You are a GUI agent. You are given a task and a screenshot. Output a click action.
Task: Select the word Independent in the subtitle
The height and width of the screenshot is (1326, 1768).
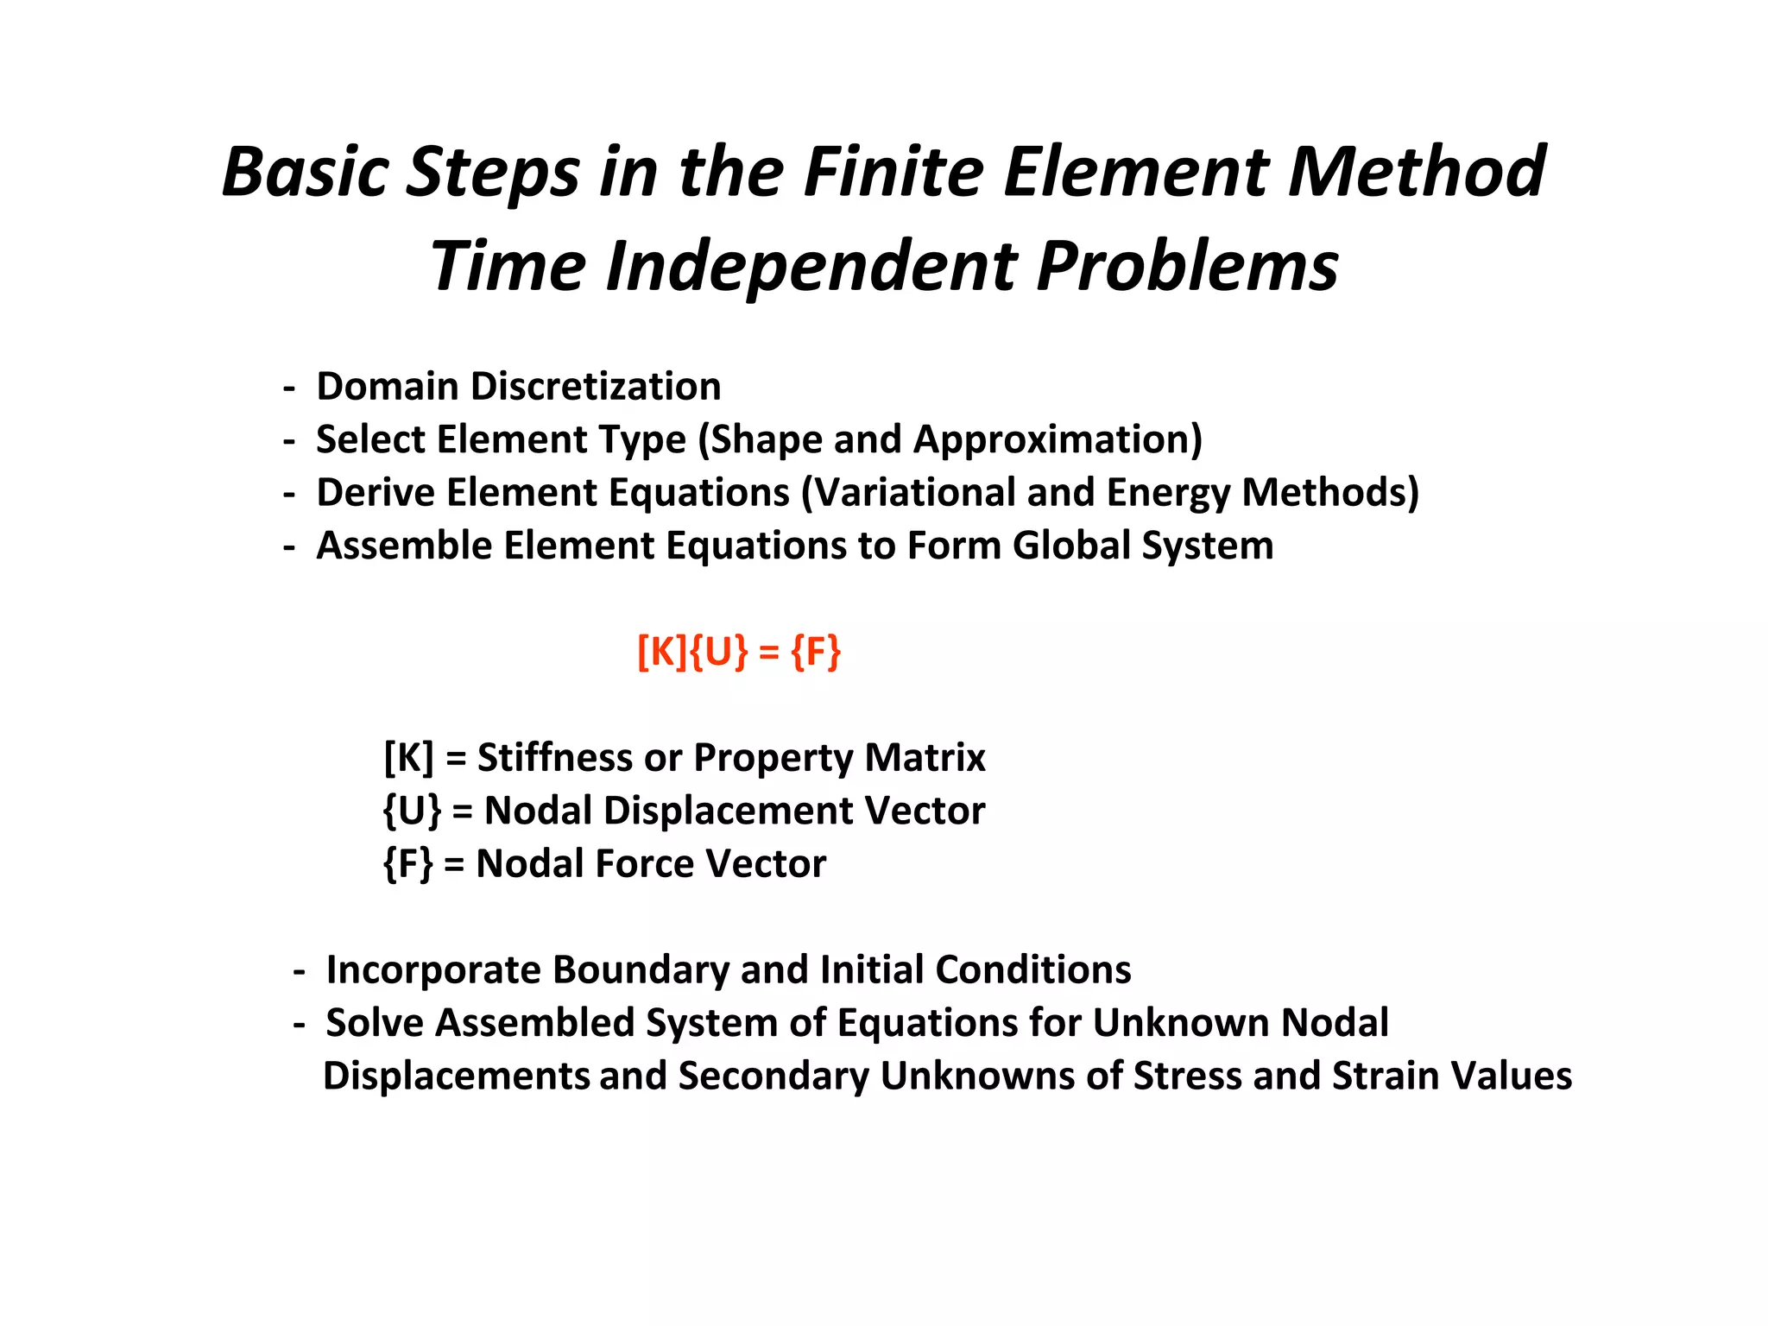(811, 267)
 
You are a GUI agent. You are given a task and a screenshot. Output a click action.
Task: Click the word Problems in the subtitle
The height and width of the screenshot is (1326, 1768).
(1187, 267)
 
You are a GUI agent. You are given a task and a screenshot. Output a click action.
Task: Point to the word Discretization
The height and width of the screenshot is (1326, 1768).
(596, 387)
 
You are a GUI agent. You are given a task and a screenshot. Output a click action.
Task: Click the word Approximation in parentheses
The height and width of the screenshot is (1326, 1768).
(1058, 440)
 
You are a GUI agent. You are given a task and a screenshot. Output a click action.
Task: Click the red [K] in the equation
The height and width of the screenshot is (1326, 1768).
(662, 652)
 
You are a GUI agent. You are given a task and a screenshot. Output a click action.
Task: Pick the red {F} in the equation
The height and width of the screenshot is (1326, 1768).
(816, 652)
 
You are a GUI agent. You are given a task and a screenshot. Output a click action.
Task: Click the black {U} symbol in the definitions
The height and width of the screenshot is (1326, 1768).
(412, 811)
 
